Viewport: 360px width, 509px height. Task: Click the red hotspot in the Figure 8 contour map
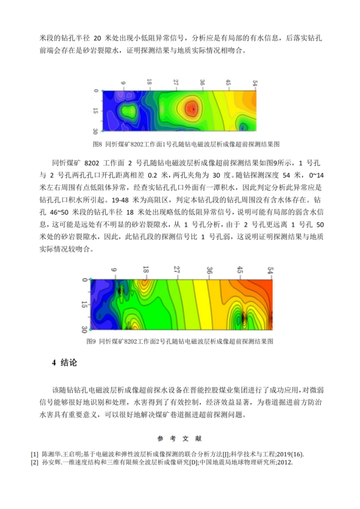click(x=192, y=108)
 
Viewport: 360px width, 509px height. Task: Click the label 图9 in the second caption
click(x=92, y=340)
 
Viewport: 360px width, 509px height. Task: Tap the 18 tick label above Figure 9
click(x=146, y=270)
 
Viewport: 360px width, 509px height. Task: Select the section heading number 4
click(x=53, y=363)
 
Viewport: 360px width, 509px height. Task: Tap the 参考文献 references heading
click(x=179, y=438)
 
